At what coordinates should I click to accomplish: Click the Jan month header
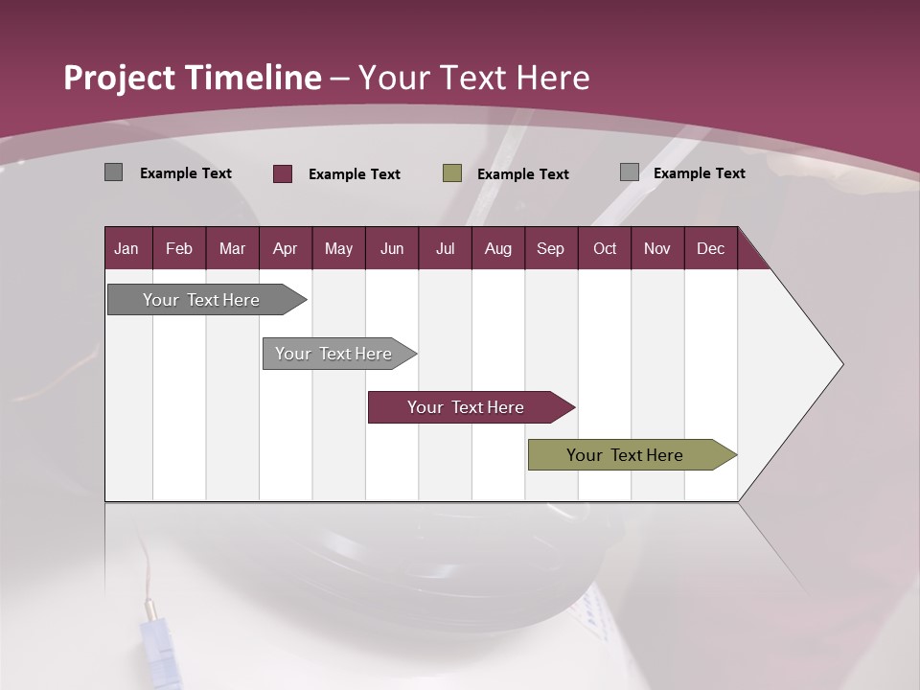point(126,248)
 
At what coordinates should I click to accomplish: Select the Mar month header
point(232,248)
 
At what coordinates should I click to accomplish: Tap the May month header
point(338,248)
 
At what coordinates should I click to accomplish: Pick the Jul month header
point(445,248)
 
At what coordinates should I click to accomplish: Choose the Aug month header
point(497,248)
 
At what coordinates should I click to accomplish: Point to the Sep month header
point(550,248)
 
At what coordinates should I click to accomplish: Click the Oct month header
point(605,248)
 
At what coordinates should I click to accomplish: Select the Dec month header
point(710,248)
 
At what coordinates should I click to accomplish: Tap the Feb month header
point(179,248)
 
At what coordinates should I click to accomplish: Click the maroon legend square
point(283,173)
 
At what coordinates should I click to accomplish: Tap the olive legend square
point(452,173)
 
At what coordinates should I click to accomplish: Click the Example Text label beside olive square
point(522,174)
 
